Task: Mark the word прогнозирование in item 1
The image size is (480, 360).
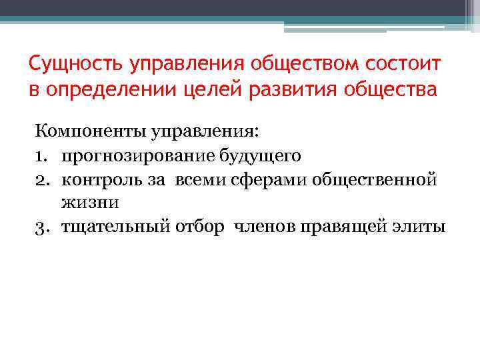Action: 130,156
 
